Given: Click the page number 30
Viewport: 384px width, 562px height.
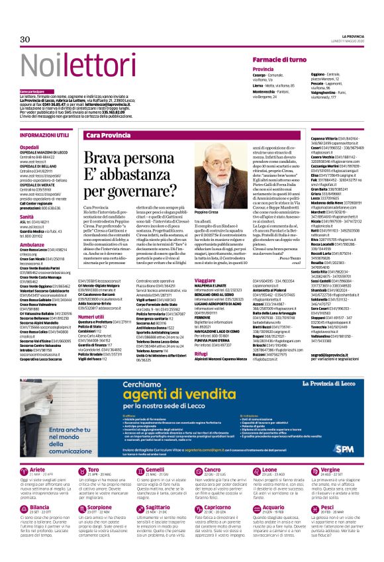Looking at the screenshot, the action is (x=25, y=39).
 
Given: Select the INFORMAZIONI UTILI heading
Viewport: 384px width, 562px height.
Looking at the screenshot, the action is (x=46, y=134).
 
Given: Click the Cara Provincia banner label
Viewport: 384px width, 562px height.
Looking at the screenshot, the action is (x=109, y=135).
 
